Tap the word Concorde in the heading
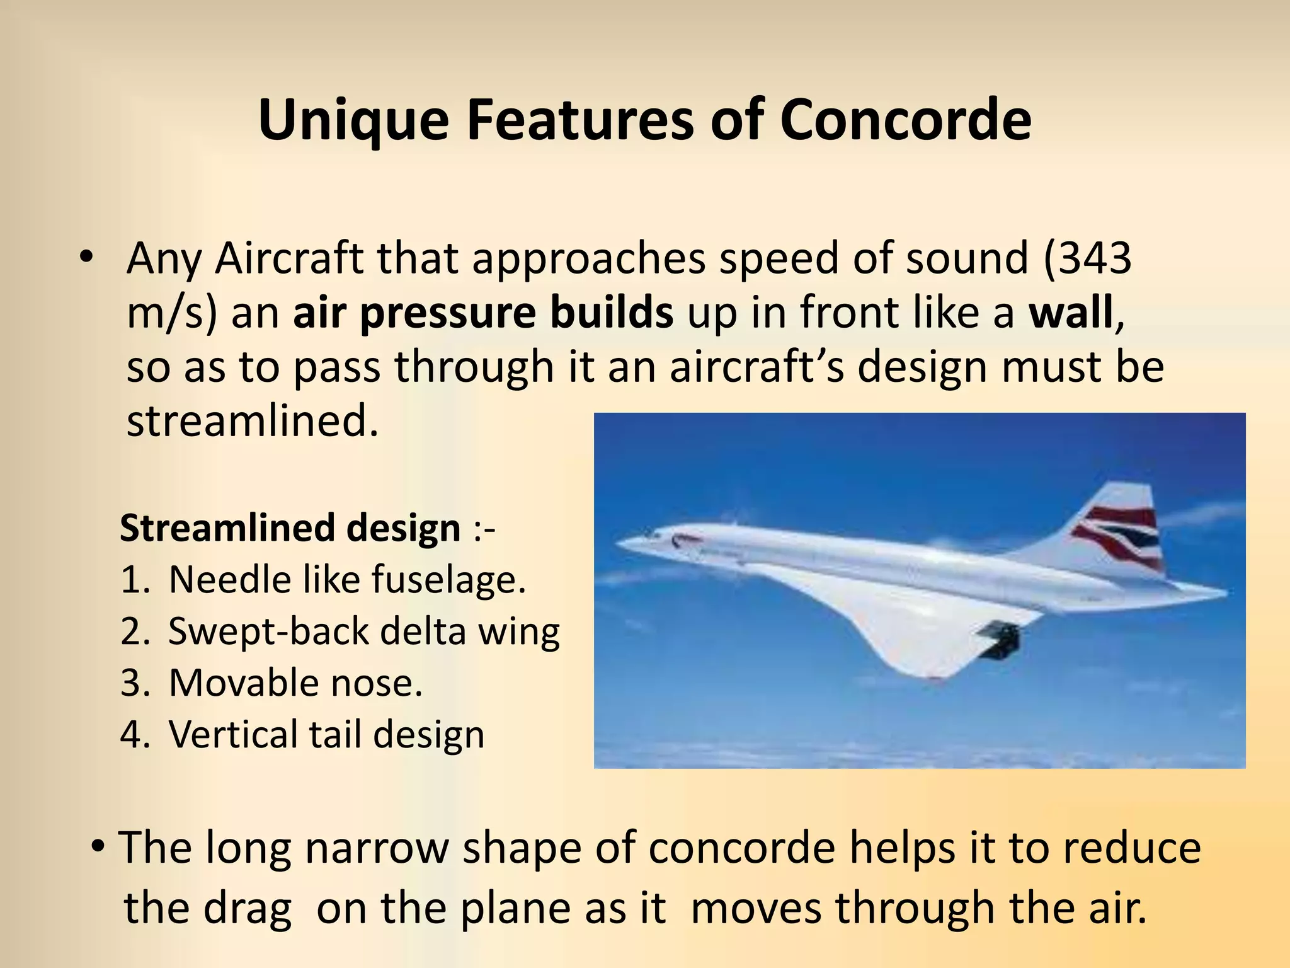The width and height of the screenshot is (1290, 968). point(905,120)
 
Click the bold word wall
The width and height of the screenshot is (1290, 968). point(1071,313)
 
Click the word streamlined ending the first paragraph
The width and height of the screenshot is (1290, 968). point(252,421)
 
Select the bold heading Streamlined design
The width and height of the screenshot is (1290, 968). point(290,527)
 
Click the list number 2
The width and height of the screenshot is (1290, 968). point(134,631)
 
